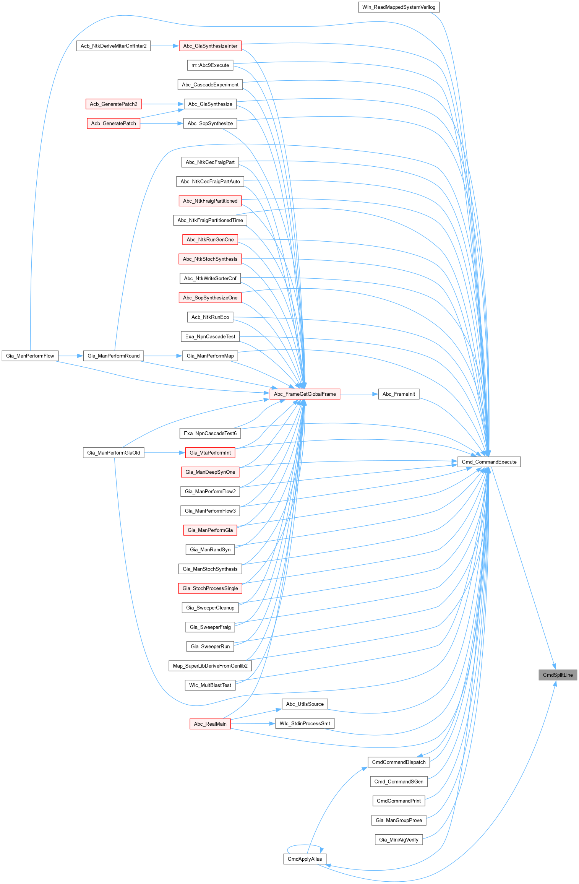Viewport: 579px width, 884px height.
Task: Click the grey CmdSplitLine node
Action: click(x=558, y=675)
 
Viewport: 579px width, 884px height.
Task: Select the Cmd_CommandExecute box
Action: click(x=489, y=462)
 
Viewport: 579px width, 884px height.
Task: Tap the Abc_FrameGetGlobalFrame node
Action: click(x=305, y=394)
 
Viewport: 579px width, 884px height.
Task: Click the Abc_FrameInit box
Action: click(x=399, y=394)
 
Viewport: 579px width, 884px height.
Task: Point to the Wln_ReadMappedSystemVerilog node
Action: click(x=399, y=7)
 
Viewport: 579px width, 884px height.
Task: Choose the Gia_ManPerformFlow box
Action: click(x=30, y=356)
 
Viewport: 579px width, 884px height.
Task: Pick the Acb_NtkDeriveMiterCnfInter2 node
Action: click(x=114, y=46)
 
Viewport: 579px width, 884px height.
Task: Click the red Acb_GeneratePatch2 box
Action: click(x=114, y=104)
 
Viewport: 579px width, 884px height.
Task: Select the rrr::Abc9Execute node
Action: click(x=210, y=65)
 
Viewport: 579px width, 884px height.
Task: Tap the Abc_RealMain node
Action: click(x=210, y=724)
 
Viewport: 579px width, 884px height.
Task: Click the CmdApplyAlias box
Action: click(x=305, y=859)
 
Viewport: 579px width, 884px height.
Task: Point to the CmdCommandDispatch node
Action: click(x=399, y=762)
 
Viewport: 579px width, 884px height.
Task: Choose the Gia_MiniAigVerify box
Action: click(x=399, y=840)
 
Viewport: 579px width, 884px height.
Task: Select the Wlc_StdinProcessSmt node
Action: click(x=305, y=723)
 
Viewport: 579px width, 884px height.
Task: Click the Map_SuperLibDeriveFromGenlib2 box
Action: click(x=210, y=666)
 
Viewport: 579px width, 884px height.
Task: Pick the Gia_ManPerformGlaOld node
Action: click(x=114, y=453)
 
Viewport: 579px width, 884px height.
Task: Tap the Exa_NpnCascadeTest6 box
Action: click(x=210, y=433)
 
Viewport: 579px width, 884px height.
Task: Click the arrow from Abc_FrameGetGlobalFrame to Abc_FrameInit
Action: click(x=359, y=394)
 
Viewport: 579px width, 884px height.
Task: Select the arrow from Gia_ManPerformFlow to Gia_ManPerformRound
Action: click(x=71, y=356)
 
